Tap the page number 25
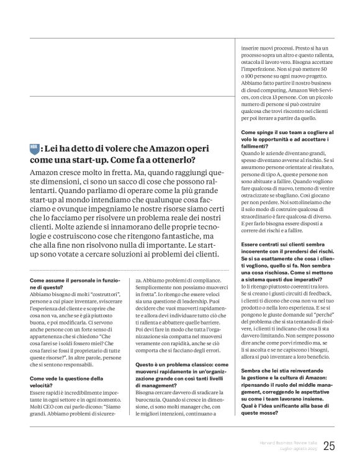coord(329,446)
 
